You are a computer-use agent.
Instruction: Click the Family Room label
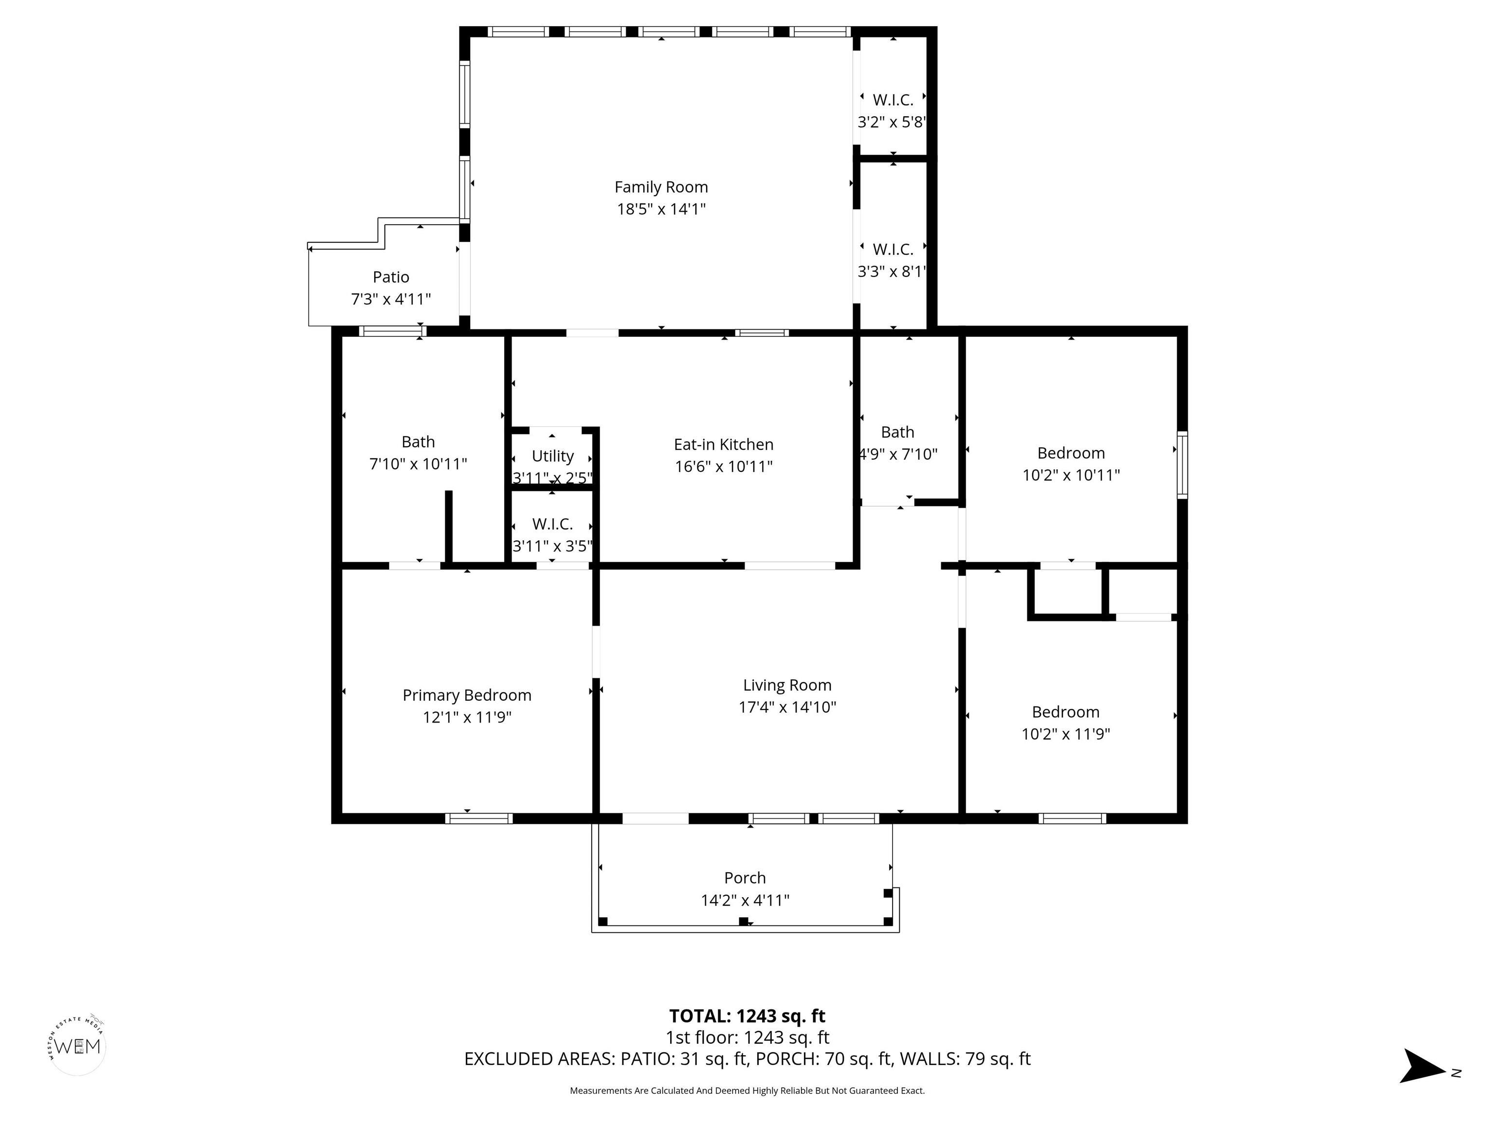[x=661, y=187]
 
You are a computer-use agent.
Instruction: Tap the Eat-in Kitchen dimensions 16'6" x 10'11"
[x=723, y=466]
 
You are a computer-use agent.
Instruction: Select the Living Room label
[x=787, y=685]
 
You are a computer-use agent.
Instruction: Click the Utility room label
[x=553, y=456]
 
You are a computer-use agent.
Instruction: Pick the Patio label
[x=391, y=277]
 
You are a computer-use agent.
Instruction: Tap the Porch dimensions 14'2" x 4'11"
[x=745, y=900]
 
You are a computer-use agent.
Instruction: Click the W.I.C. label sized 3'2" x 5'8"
[x=893, y=100]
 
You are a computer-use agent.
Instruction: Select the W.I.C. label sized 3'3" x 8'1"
[x=893, y=249]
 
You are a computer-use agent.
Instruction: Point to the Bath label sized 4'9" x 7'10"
[x=897, y=433]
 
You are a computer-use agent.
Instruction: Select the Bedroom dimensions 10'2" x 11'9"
[x=1066, y=734]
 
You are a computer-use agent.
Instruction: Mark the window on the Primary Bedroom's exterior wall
[x=478, y=818]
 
